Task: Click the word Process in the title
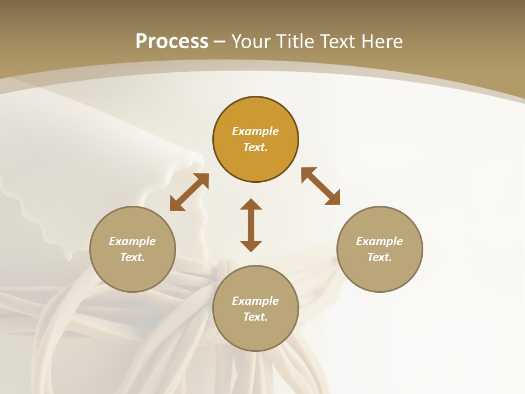click(172, 42)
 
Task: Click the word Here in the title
click(383, 42)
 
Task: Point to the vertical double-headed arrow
click(251, 225)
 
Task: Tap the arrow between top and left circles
click(189, 192)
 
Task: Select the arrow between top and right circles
click(320, 186)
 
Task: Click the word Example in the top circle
click(255, 131)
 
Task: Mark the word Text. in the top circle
click(255, 147)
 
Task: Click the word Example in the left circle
click(132, 241)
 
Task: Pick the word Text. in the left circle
click(132, 257)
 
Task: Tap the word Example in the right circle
click(380, 241)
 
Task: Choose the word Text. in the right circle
click(380, 257)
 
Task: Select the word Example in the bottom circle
click(255, 301)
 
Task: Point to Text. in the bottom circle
click(255, 317)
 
